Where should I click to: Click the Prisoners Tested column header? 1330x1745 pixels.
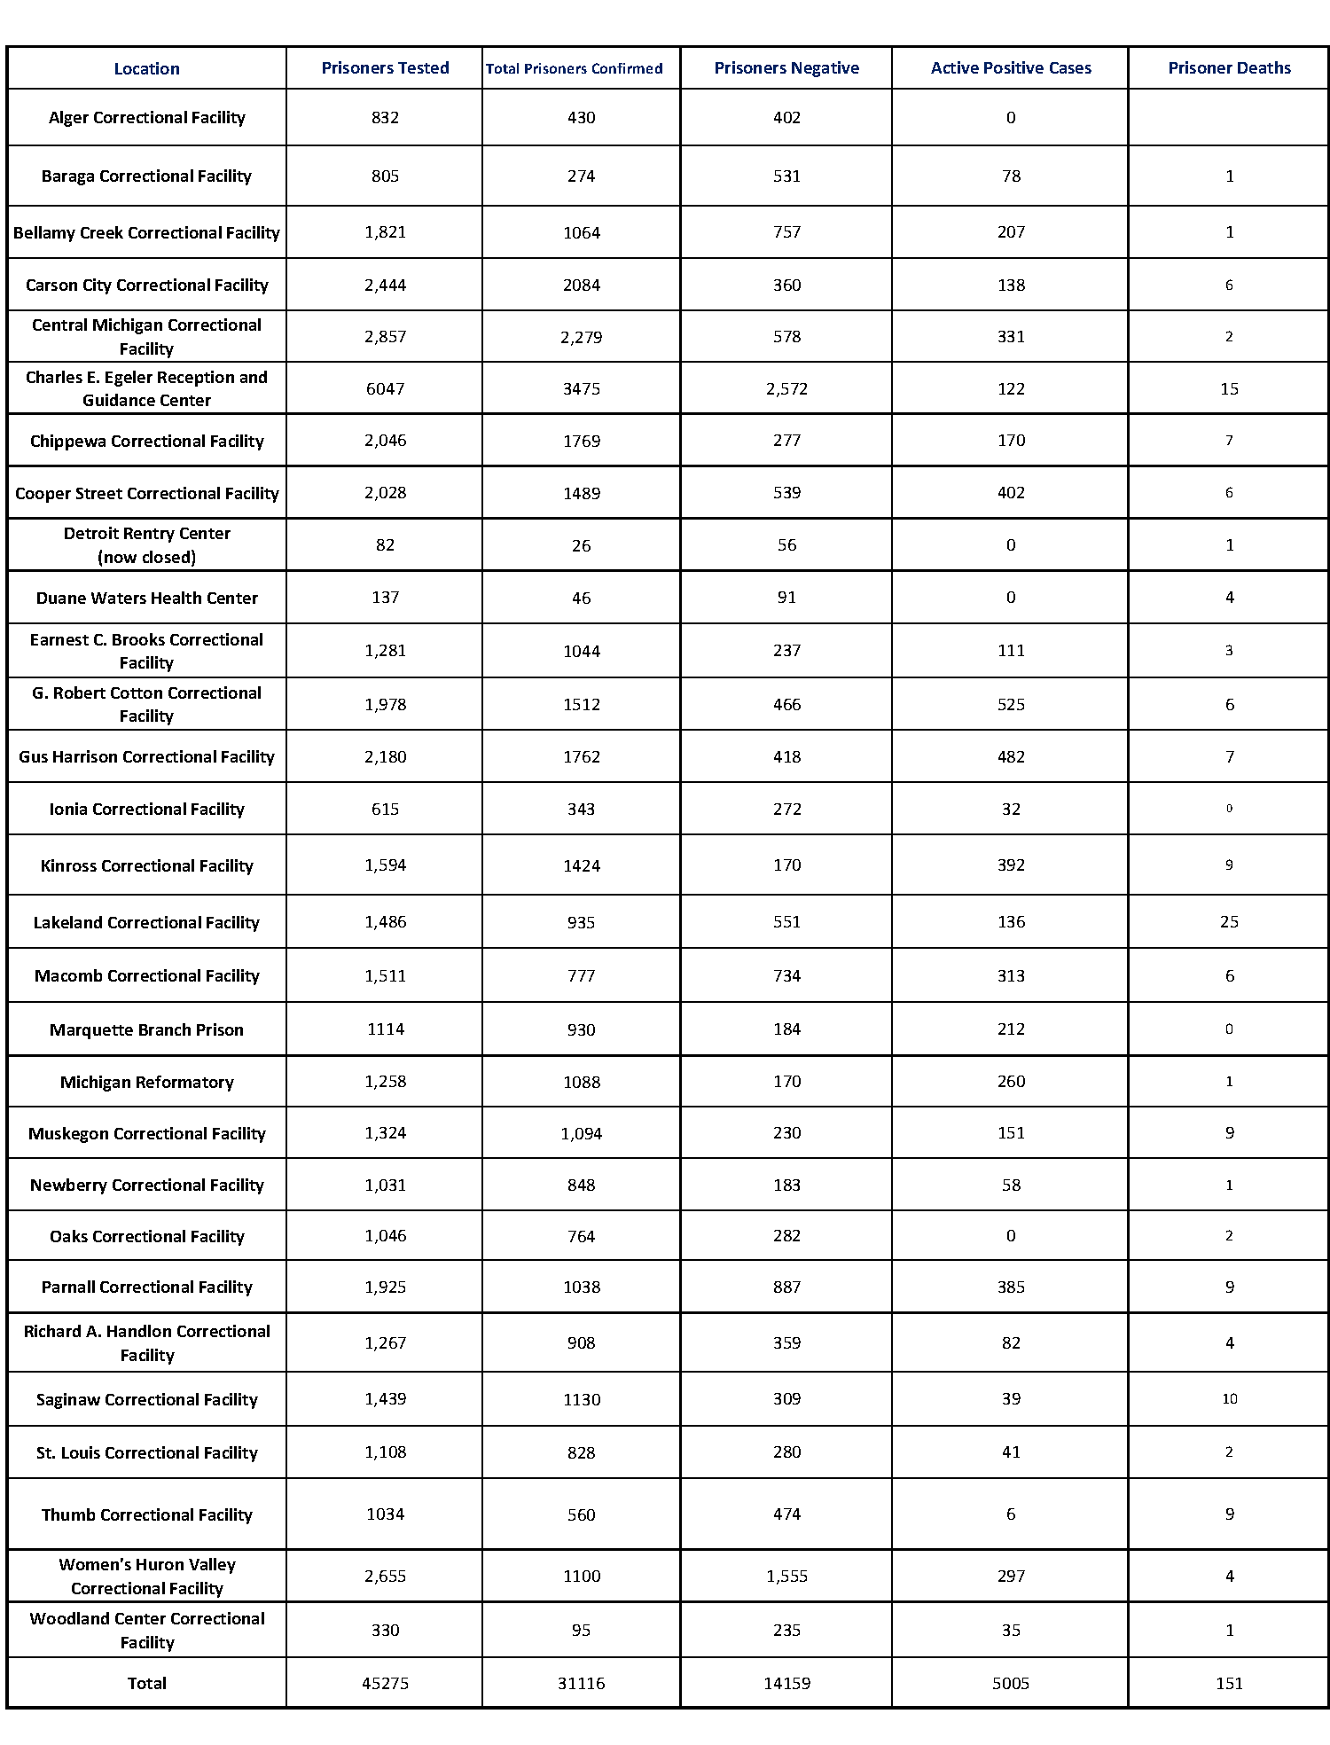pyautogui.click(x=385, y=68)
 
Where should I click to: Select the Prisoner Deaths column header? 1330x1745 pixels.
pyautogui.click(x=1229, y=68)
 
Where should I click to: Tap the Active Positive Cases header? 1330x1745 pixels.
pyautogui.click(x=1011, y=68)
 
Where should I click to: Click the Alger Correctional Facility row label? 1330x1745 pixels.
pyautogui.click(x=147, y=118)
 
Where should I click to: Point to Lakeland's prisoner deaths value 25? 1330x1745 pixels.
pyautogui.click(x=1229, y=922)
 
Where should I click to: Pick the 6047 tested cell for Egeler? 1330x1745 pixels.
pyautogui.click(x=385, y=389)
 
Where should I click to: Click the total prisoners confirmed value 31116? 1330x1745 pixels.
pyautogui.click(x=581, y=1683)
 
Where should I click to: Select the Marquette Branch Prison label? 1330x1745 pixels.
pyautogui.click(x=147, y=1029)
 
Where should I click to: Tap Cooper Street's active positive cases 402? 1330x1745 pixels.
pyautogui.click(x=1011, y=493)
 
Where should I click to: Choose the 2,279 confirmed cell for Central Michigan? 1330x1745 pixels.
pyautogui.click(x=581, y=337)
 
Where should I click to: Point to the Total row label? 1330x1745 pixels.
pyautogui.click(x=147, y=1683)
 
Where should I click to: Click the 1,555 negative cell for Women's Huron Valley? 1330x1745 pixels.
pyautogui.click(x=786, y=1576)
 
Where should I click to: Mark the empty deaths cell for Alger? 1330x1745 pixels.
pyautogui.click(x=1229, y=118)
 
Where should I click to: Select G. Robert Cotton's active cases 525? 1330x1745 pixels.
pyautogui.click(x=1011, y=705)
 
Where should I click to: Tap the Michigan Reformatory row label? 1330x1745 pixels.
pyautogui.click(x=147, y=1082)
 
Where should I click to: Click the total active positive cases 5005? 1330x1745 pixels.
pyautogui.click(x=1011, y=1683)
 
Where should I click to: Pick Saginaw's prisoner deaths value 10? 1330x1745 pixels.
pyautogui.click(x=1229, y=1399)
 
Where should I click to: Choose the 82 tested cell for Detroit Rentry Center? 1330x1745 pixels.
pyautogui.click(x=385, y=545)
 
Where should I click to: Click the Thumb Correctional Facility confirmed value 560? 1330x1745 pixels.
pyautogui.click(x=581, y=1514)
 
